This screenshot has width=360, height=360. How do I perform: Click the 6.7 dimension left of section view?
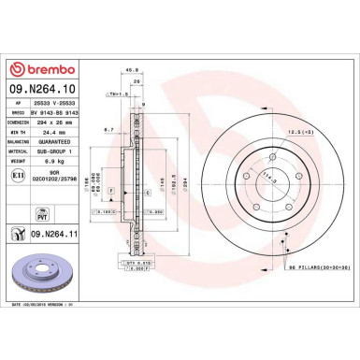click(x=108, y=129)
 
